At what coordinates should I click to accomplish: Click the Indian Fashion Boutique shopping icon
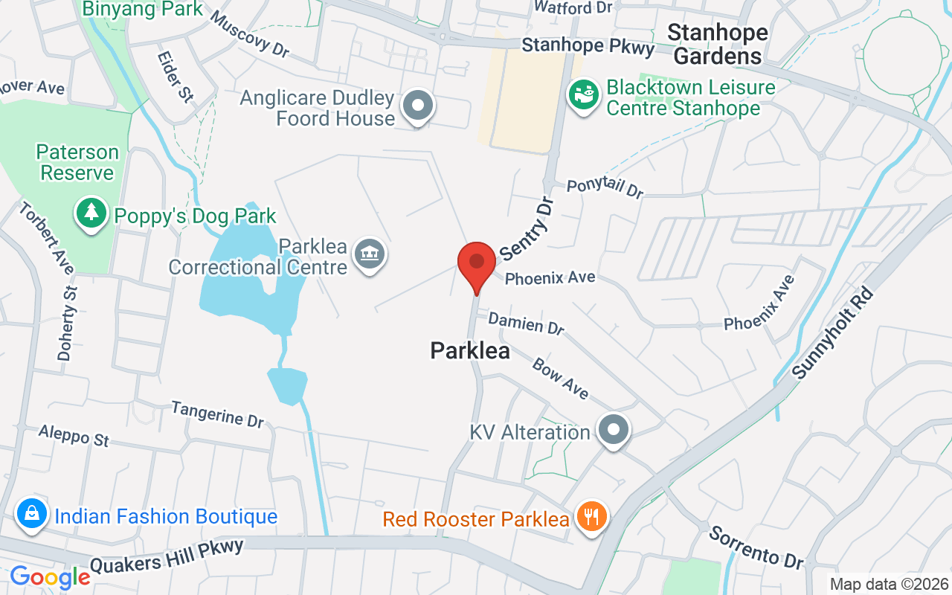coord(32,514)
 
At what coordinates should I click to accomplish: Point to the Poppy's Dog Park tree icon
coord(91,214)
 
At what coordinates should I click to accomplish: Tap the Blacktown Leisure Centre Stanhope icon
coord(584,94)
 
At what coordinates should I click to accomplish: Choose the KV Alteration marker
coord(614,429)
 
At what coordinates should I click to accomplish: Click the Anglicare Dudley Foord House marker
coord(417,106)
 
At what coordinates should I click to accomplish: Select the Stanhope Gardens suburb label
coord(718,44)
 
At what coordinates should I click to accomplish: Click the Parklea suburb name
coord(470,350)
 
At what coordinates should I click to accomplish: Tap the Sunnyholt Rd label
coord(832,332)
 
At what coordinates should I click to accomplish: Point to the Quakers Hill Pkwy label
coord(167,556)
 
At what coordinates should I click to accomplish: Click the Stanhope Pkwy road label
coord(588,46)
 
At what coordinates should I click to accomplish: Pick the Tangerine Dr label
coord(217,414)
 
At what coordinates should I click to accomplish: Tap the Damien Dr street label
coord(527,323)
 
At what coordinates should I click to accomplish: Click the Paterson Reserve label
coord(77,162)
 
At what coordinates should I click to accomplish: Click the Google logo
coord(50,577)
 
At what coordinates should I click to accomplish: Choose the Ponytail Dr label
coord(605,187)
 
